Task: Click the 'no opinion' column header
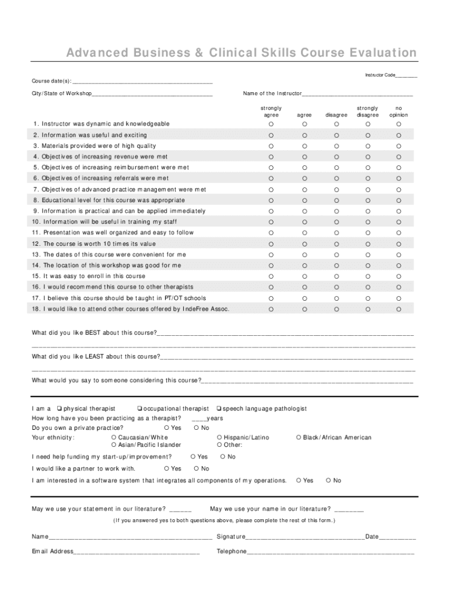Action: (x=399, y=112)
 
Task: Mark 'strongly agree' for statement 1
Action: (x=271, y=124)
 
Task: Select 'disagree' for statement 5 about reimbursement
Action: (x=336, y=168)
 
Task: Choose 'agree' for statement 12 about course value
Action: (x=304, y=244)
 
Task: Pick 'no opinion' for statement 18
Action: (x=399, y=309)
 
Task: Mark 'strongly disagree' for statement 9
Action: (x=367, y=211)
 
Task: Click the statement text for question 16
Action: (x=114, y=287)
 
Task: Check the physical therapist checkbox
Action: (x=59, y=409)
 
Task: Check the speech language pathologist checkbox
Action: (x=219, y=409)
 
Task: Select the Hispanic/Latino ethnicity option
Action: (x=219, y=437)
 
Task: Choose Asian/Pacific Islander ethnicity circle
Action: (x=113, y=445)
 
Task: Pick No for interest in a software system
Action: (x=328, y=481)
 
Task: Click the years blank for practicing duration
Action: (x=198, y=419)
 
